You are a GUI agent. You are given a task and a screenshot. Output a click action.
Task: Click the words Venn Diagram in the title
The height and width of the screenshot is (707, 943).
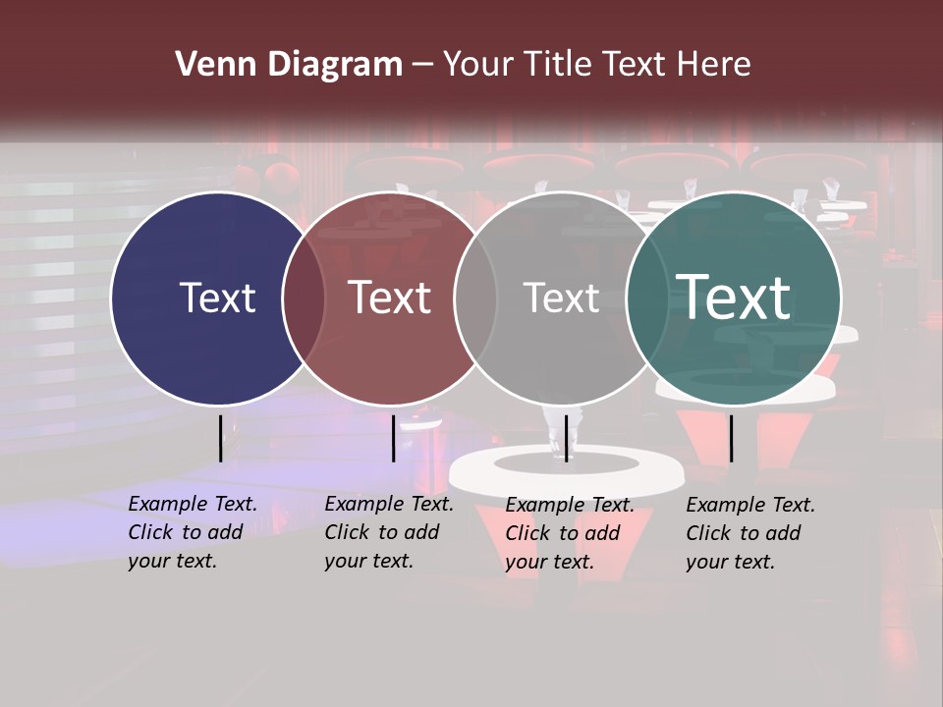[289, 65]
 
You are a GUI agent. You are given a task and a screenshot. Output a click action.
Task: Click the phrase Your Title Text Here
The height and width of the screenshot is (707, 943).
[596, 65]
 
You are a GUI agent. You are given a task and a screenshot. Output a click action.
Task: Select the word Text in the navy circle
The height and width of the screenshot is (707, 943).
[217, 298]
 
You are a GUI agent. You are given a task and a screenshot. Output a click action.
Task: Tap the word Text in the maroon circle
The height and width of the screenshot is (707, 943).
[389, 298]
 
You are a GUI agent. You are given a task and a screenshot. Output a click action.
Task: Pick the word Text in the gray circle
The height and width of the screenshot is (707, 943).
[561, 298]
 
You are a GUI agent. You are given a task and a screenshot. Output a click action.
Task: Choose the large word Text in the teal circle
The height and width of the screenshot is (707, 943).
[733, 296]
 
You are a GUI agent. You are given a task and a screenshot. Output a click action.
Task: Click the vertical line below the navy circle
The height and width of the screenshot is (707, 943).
[220, 438]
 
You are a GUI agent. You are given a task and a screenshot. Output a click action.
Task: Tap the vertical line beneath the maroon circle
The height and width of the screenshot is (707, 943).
[393, 438]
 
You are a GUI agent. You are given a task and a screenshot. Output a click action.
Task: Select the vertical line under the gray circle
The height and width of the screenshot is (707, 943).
[566, 438]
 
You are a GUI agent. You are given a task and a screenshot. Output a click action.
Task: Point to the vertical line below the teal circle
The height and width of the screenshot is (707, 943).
[731, 438]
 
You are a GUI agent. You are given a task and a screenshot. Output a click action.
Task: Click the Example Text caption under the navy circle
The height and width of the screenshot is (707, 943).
[192, 532]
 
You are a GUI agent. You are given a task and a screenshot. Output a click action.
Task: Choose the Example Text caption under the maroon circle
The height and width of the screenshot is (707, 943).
[388, 532]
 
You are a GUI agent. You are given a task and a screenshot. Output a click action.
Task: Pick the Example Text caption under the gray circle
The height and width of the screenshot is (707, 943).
[569, 533]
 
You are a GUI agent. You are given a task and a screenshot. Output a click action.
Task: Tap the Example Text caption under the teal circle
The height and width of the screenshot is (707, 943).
[749, 533]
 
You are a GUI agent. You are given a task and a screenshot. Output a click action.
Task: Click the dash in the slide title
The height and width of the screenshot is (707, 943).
[422, 66]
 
